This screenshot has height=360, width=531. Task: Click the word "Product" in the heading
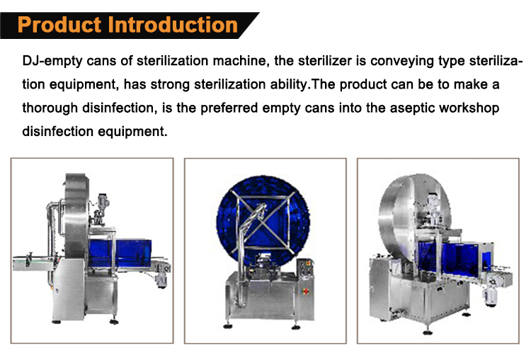click(60, 25)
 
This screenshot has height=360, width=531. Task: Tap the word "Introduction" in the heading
click(172, 25)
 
